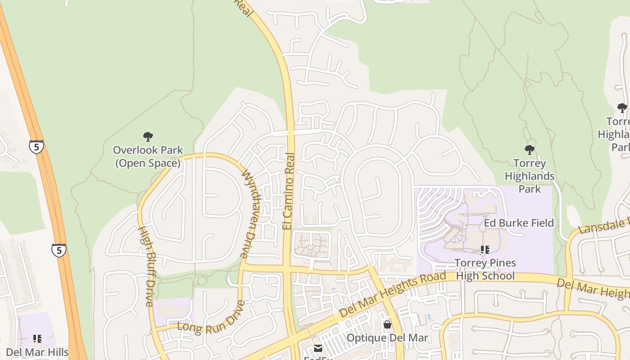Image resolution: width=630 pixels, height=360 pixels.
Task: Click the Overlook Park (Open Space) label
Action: coord(148,156)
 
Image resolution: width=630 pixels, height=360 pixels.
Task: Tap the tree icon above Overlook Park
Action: coord(148,136)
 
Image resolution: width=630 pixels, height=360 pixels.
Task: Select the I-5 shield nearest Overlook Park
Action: coord(36,147)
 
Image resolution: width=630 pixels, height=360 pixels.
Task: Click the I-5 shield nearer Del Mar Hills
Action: coord(59,250)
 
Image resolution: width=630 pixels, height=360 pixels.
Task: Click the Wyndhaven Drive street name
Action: coord(249,213)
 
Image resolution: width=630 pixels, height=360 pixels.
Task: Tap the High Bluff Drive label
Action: coord(146,266)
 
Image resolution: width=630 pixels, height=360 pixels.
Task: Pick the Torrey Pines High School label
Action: coord(485,269)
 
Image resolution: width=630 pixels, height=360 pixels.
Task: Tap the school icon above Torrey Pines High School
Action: coord(485,249)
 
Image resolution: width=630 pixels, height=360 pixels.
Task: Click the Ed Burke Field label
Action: coord(519,223)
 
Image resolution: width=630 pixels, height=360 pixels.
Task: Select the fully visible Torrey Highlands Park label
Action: coord(530,176)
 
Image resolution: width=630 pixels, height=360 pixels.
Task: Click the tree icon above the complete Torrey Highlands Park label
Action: coord(530,149)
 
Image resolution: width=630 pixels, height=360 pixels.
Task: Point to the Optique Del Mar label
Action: coord(387,338)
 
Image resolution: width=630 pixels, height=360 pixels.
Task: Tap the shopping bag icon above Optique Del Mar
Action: coord(387,324)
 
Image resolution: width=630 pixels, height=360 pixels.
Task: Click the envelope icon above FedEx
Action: coord(318,348)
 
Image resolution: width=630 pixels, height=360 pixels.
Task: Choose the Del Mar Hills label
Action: coord(37,352)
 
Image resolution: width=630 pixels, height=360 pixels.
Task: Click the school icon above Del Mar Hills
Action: coord(37,338)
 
